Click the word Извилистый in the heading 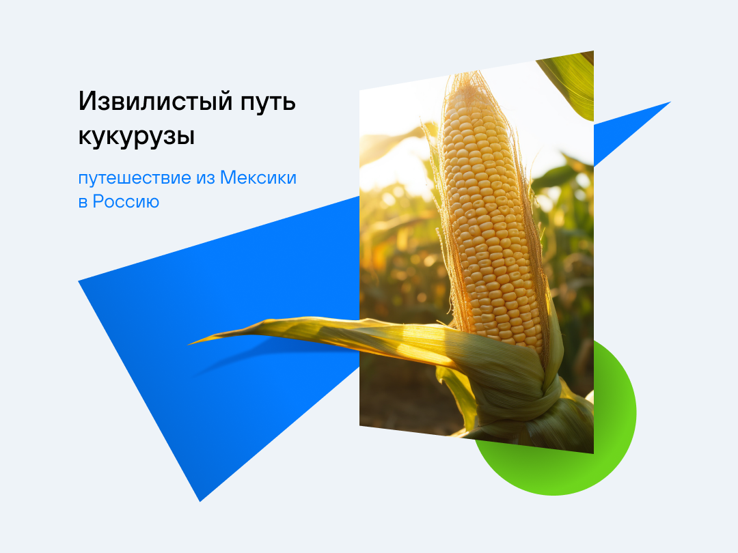[x=155, y=101]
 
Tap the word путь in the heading [x=268, y=102]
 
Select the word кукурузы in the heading [x=137, y=137]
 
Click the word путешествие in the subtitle [x=135, y=179]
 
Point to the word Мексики [x=258, y=178]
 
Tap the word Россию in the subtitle [x=126, y=201]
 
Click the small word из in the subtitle [x=206, y=179]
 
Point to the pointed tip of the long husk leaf [x=189, y=344]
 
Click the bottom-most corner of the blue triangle [x=200, y=501]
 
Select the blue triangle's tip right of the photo [x=670, y=102]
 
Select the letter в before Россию [x=83, y=202]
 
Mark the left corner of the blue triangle [x=79, y=281]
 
